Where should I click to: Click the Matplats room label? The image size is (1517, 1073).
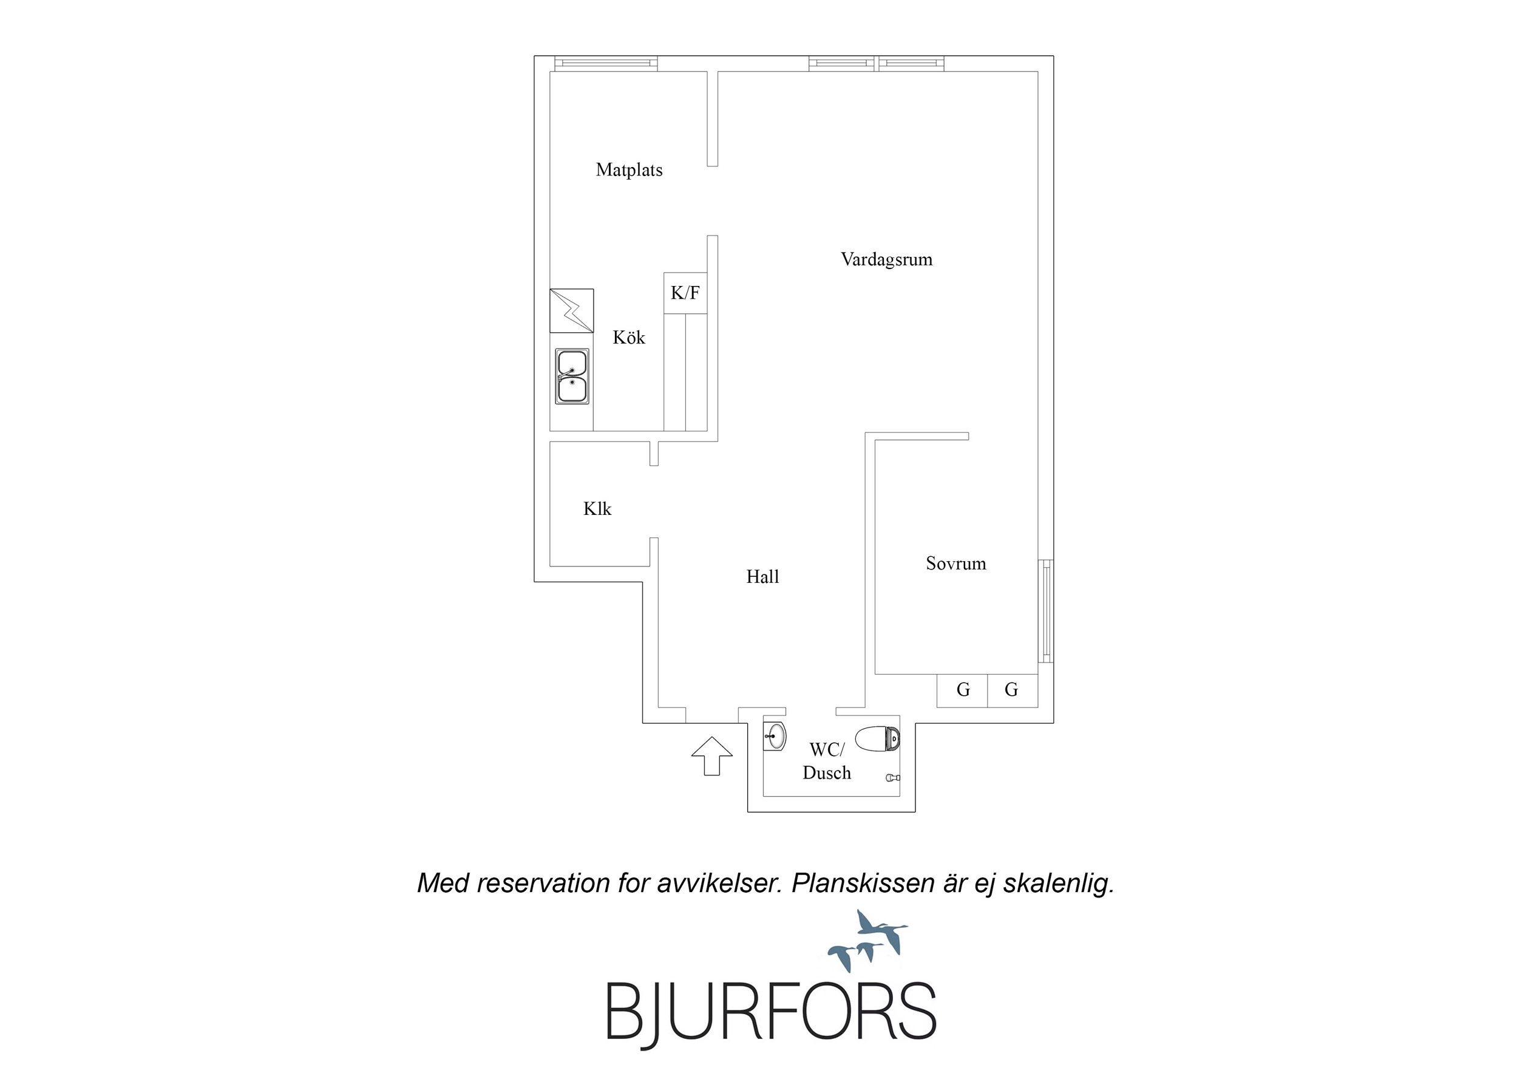(629, 170)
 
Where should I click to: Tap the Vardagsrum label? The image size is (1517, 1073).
(887, 259)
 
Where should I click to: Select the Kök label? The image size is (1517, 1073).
(629, 337)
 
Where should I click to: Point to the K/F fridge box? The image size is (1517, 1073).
(685, 293)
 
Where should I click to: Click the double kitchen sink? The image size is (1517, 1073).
(571, 376)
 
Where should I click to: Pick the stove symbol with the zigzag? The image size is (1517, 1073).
(571, 311)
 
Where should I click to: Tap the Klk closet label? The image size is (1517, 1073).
(597, 508)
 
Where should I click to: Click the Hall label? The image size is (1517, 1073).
(762, 576)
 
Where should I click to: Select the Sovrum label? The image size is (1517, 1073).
(956, 564)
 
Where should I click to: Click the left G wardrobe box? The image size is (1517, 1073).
(963, 690)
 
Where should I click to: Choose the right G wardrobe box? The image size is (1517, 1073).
(1012, 690)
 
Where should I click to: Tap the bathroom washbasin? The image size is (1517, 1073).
(775, 736)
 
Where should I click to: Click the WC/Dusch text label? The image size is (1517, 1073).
(827, 761)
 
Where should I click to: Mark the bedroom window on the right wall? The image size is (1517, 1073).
(1046, 610)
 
